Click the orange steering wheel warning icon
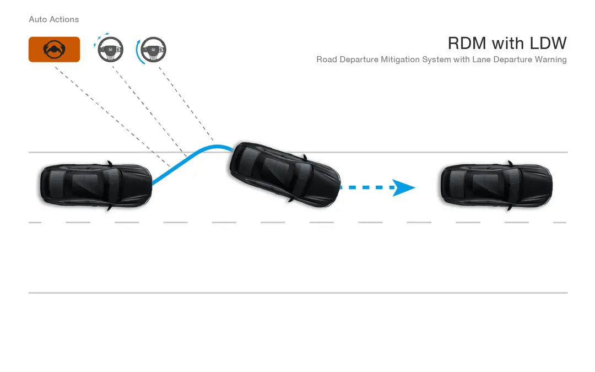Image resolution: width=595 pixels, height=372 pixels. click(x=54, y=50)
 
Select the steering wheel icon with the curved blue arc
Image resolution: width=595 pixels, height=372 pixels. click(x=153, y=51)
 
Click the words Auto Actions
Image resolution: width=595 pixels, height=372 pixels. click(x=54, y=19)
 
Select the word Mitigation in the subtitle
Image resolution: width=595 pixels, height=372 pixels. click(x=400, y=60)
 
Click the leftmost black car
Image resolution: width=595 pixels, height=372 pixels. click(x=95, y=185)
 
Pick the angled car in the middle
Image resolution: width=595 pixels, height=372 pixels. click(x=284, y=173)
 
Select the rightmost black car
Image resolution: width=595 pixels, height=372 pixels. click(x=496, y=185)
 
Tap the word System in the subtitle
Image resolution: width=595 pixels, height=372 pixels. click(x=437, y=60)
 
